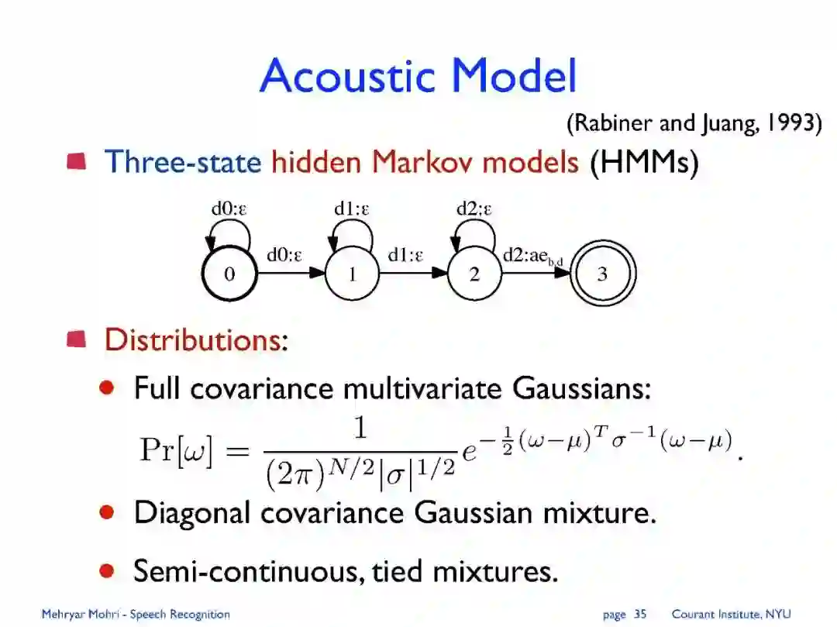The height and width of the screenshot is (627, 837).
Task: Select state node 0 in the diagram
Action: (x=229, y=274)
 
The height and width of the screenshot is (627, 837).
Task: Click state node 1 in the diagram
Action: (x=352, y=274)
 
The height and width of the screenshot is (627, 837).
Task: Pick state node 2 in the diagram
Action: (x=474, y=274)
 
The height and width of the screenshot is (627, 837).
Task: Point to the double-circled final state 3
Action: (x=602, y=274)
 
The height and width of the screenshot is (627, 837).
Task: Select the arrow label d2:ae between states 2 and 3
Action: (x=532, y=256)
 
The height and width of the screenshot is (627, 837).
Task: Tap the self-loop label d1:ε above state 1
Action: (x=352, y=208)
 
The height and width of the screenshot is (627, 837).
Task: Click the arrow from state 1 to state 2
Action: (x=413, y=273)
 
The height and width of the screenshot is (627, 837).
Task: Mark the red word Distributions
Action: (x=192, y=339)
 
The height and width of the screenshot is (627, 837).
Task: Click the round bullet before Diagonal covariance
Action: (x=108, y=512)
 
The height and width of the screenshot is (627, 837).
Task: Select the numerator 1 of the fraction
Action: (x=360, y=429)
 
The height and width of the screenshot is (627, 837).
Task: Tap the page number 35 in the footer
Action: (x=639, y=615)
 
